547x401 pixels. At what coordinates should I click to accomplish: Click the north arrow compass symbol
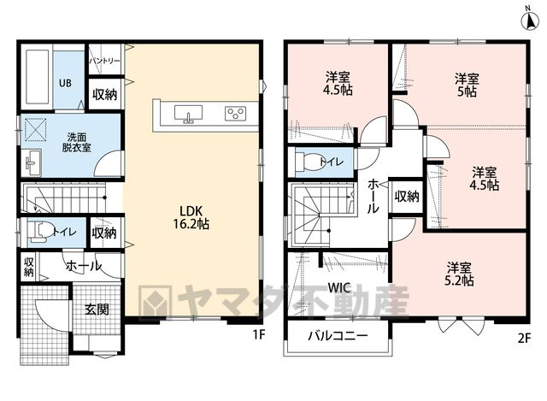529,19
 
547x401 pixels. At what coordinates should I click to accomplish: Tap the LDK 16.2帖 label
191,217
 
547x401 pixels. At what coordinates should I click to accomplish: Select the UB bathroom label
65,83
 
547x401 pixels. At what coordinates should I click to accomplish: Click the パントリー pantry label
104,61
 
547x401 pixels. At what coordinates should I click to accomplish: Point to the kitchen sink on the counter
188,114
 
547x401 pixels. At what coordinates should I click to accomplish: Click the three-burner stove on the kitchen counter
236,114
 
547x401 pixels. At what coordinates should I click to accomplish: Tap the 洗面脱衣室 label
77,142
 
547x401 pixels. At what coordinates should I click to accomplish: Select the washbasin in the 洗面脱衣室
32,162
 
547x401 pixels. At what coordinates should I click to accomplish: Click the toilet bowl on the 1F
39,232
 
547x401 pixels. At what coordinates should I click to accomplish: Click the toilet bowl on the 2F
308,162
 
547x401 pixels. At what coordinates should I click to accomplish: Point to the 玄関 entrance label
97,310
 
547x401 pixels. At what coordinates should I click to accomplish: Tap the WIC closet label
339,288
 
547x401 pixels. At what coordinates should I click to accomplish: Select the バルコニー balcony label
338,336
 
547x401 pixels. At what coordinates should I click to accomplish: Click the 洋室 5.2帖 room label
459,274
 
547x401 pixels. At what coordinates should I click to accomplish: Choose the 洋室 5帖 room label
467,85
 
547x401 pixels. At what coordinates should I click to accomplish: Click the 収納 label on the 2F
407,197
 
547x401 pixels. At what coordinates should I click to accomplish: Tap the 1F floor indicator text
259,334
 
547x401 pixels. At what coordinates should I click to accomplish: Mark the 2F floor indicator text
524,338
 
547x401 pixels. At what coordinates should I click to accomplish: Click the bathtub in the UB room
37,77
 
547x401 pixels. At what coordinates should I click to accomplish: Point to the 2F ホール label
373,196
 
